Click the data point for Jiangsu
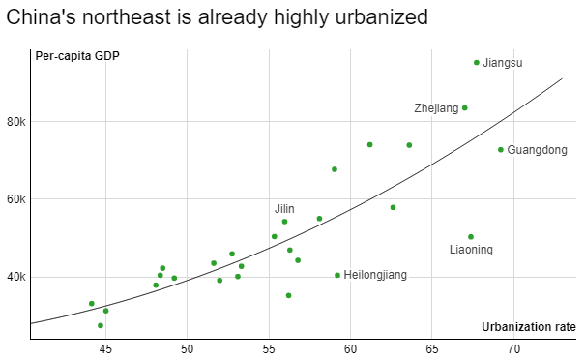477,63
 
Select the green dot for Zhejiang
465,108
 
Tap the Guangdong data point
501,150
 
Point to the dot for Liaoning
471,237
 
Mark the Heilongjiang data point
337,275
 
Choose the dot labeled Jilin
284,222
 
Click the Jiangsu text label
503,63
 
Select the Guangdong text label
537,150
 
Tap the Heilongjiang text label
375,275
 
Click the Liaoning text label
471,250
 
